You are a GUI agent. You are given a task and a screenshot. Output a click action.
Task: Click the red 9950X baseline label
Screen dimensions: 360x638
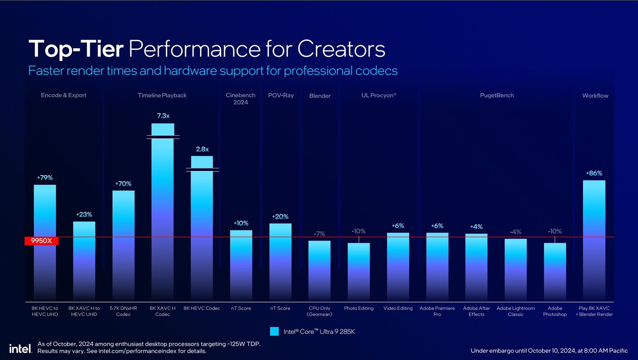(x=41, y=241)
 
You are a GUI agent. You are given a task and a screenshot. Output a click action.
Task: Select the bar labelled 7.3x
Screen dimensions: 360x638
(x=163, y=211)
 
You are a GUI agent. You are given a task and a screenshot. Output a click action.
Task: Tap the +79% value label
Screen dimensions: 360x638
(x=45, y=177)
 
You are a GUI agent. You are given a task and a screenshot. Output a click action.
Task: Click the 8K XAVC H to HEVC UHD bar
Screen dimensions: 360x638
(x=84, y=261)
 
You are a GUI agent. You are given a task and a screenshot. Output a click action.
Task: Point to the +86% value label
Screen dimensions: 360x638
(x=594, y=173)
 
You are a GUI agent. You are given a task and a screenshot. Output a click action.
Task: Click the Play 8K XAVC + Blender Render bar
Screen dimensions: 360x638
(x=594, y=239)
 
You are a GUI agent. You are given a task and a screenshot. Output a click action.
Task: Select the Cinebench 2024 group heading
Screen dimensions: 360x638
(x=240, y=98)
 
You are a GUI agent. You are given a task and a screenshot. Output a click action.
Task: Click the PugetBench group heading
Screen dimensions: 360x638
(x=497, y=95)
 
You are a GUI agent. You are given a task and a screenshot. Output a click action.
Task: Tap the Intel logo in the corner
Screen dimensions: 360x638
(x=20, y=349)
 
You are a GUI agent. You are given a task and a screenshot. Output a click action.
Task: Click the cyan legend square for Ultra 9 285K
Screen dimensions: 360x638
(x=274, y=331)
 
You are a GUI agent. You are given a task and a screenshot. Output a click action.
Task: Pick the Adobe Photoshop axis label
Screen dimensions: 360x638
(x=555, y=311)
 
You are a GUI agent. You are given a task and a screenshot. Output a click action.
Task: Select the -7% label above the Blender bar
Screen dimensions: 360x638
(x=319, y=234)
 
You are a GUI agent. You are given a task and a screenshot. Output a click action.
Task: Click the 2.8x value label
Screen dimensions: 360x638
(x=202, y=149)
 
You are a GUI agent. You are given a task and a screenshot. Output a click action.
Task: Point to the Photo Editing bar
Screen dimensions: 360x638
(x=358, y=271)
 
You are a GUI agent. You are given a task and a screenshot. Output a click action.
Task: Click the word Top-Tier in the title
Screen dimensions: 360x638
(x=76, y=49)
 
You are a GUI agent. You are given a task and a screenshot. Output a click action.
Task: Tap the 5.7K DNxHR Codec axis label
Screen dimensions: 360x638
(x=123, y=311)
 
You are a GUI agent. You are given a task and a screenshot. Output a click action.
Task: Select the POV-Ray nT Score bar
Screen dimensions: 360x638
(x=280, y=261)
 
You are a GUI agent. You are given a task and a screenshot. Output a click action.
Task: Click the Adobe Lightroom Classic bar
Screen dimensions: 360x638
(x=516, y=269)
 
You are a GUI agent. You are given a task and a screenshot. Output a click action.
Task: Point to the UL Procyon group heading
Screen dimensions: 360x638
(x=378, y=95)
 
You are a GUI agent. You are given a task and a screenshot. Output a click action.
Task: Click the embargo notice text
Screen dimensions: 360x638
(x=549, y=350)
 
